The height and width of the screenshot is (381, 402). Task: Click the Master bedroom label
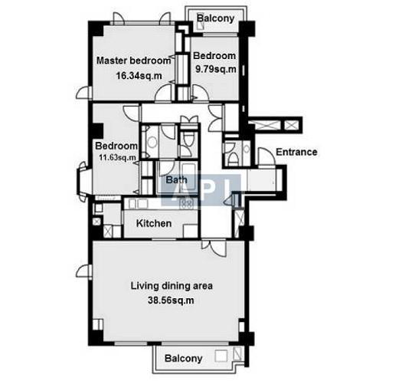tap(133, 61)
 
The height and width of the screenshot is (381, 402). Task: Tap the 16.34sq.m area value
tap(139, 76)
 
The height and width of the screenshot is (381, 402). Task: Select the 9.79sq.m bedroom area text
tap(216, 69)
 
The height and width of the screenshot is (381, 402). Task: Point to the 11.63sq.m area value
tap(117, 157)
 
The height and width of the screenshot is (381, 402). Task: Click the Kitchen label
tap(154, 223)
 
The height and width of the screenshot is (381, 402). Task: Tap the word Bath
tap(176, 179)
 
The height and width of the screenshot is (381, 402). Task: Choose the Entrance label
tap(296, 152)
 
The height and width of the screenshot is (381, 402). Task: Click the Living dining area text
tap(172, 286)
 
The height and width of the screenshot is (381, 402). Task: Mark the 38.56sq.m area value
tap(171, 301)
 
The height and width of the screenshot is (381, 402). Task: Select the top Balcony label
tap(216, 18)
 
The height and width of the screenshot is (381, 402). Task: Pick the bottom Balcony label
tap(183, 359)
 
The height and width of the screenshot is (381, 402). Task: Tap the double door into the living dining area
tap(214, 248)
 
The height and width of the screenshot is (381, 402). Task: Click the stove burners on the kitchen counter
tap(187, 203)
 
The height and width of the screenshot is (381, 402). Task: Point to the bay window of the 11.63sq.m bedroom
tap(83, 179)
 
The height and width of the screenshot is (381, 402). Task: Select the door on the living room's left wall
tap(83, 271)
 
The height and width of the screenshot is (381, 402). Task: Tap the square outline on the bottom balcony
tap(221, 356)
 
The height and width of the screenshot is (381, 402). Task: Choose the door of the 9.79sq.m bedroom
tap(200, 93)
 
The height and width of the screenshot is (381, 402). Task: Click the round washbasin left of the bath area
tap(152, 143)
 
